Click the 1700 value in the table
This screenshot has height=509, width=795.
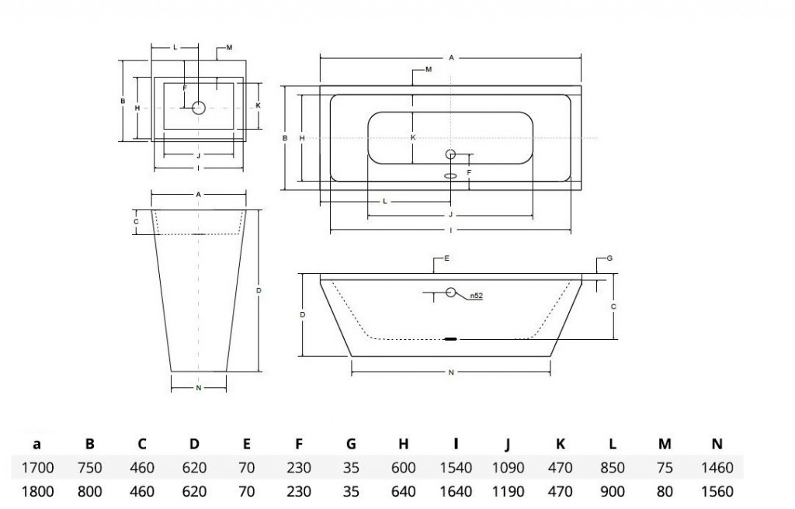click(x=37, y=467)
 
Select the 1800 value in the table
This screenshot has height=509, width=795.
click(x=37, y=490)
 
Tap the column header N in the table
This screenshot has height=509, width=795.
click(x=717, y=444)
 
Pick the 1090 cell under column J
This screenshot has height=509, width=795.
click(x=508, y=467)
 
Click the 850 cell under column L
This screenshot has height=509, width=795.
click(x=613, y=467)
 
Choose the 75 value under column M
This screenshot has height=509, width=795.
click(x=665, y=467)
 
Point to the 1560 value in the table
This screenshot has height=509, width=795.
click(x=717, y=490)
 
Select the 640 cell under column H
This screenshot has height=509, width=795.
click(x=404, y=490)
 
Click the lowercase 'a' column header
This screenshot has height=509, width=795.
click(x=36, y=445)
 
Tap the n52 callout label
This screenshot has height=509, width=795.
click(x=476, y=296)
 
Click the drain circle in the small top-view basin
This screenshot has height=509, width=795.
click(x=198, y=108)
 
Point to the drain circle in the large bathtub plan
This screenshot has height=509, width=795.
click(x=450, y=154)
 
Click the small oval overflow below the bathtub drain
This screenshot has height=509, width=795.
click(x=450, y=176)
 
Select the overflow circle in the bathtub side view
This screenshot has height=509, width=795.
click(x=451, y=292)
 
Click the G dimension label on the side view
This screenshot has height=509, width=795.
click(x=609, y=258)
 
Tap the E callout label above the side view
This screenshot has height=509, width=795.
click(x=446, y=258)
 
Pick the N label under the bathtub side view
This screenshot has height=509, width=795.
click(x=451, y=372)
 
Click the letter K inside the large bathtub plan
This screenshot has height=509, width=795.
click(x=413, y=137)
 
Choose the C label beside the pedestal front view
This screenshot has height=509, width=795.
click(x=136, y=222)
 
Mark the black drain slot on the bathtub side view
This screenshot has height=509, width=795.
click(x=451, y=338)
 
